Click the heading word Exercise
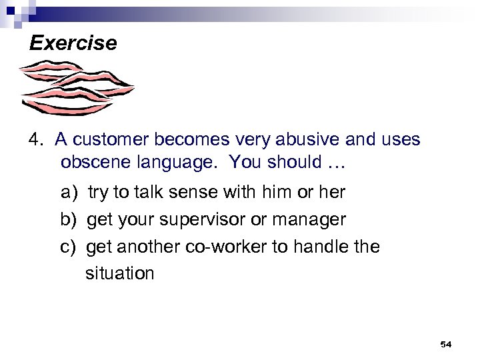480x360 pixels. [x=73, y=44]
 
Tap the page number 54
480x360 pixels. [x=446, y=344]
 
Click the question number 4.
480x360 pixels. [x=36, y=140]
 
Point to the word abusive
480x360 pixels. [x=289, y=140]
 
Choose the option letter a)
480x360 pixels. [x=69, y=193]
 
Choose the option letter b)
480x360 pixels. [x=69, y=219]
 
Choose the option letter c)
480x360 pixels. [x=69, y=247]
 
